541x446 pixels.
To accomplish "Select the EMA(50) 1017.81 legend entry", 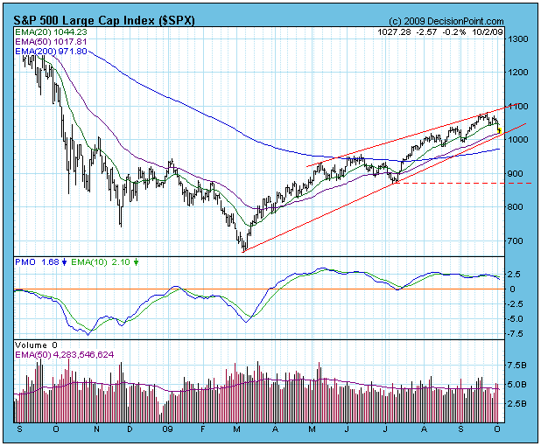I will pyautogui.click(x=46, y=41).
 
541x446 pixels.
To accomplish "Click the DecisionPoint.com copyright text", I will pyautogui.click(x=447, y=21).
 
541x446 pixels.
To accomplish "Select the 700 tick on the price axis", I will pyautogui.click(x=518, y=240).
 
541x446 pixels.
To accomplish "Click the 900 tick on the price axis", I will pyautogui.click(x=518, y=173).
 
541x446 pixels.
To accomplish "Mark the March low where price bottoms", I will pyautogui.click(x=244, y=250).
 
